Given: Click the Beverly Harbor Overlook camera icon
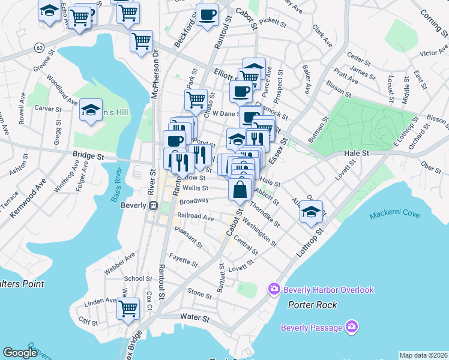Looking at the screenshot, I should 274,290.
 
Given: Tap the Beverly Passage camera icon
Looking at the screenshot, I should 352,328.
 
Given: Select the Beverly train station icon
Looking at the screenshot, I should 153,205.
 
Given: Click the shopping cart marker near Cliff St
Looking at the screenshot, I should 128,308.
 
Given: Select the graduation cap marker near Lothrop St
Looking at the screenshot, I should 311,212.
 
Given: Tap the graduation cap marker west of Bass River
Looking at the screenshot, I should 91,110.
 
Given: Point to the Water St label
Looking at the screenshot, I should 194,317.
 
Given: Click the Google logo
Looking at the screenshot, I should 20,353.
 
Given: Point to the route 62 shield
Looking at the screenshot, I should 40,47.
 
